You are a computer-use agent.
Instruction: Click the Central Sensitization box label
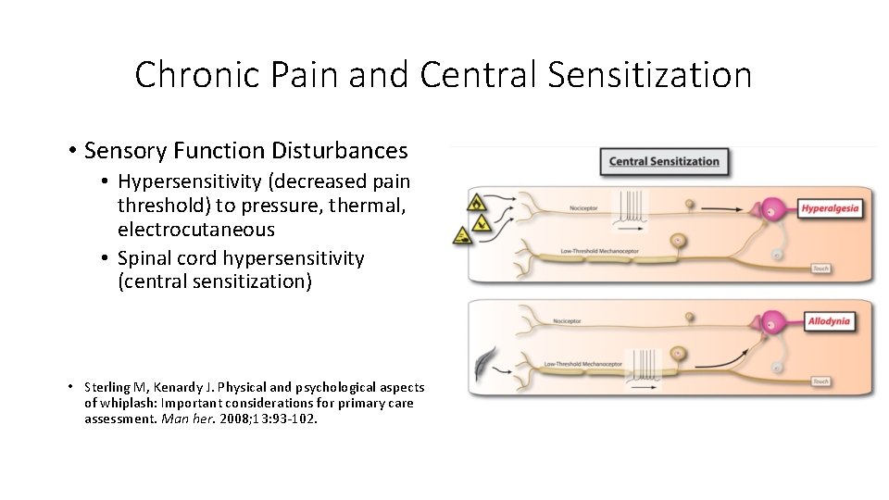pyautogui.click(x=663, y=161)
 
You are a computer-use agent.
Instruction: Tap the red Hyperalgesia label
pyautogui.click(x=829, y=208)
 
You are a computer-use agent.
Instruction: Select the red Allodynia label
pyautogui.click(x=828, y=322)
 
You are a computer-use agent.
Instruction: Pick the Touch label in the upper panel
pyautogui.click(x=820, y=269)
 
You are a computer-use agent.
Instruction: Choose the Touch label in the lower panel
pyautogui.click(x=820, y=381)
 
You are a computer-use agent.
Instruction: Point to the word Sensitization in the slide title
pyautogui.click(x=649, y=74)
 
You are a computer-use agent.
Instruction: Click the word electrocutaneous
pyautogui.click(x=195, y=229)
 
